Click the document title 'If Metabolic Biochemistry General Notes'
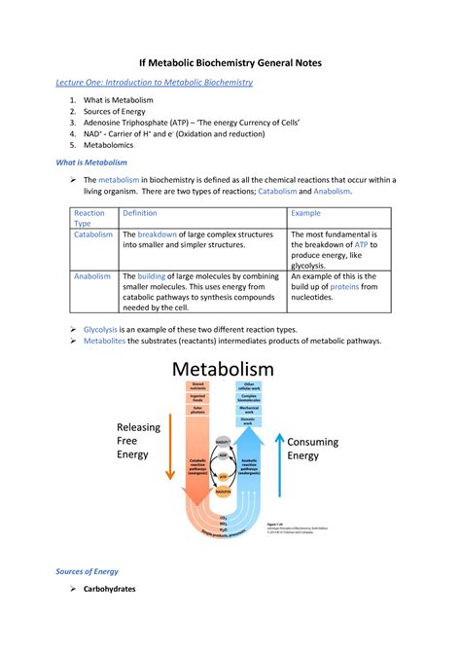tap(230, 62)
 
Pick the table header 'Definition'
tap(140, 213)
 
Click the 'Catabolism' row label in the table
tap(94, 235)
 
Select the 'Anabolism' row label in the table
tap(93, 276)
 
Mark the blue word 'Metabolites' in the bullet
tap(108, 342)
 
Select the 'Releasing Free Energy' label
tap(141, 441)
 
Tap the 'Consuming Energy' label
tap(315, 450)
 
